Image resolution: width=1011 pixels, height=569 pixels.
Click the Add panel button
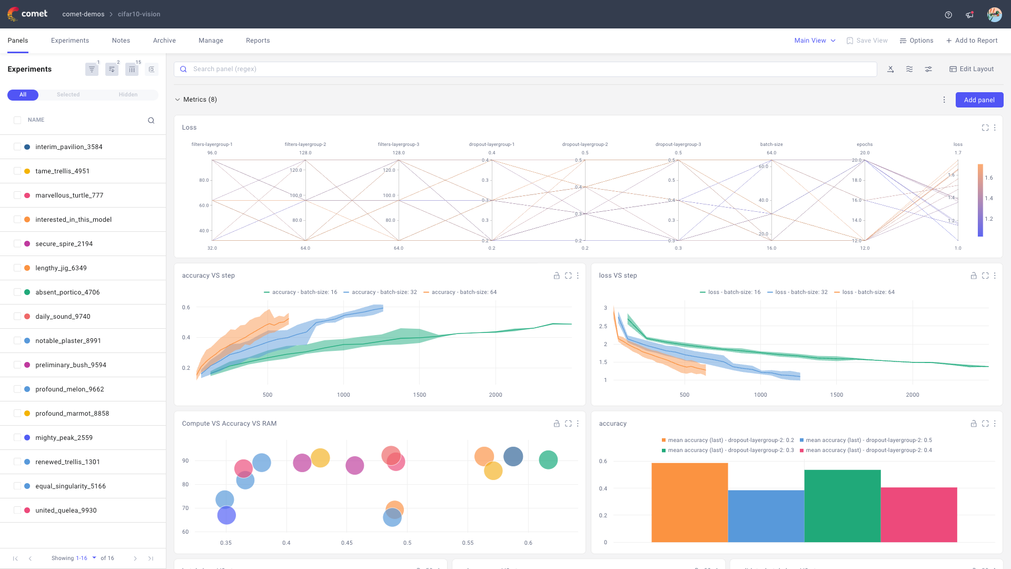click(x=979, y=100)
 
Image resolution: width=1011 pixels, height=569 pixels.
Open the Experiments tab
click(x=70, y=41)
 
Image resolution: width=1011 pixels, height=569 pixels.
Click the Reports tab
click(x=257, y=41)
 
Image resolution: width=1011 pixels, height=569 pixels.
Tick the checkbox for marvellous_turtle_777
click(x=17, y=195)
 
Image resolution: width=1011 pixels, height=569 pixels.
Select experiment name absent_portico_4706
click(x=67, y=292)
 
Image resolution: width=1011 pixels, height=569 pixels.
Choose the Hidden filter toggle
click(x=128, y=95)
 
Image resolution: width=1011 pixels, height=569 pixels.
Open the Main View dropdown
click(x=815, y=41)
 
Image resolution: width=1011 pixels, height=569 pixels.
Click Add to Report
click(x=972, y=41)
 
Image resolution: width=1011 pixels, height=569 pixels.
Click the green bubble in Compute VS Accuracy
click(x=548, y=460)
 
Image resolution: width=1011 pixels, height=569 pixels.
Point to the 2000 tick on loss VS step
click(x=912, y=395)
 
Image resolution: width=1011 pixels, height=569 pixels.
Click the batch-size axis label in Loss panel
click(x=771, y=144)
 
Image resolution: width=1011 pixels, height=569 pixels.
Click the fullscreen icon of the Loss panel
click(x=985, y=127)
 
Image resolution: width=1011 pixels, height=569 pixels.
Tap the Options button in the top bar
click(x=916, y=41)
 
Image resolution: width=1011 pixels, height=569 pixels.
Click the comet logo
click(x=27, y=14)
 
